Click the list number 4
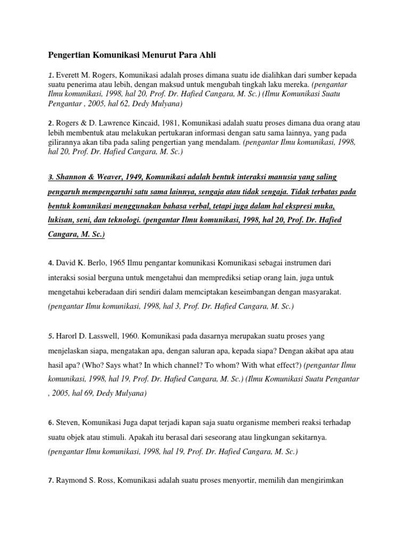(50, 263)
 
